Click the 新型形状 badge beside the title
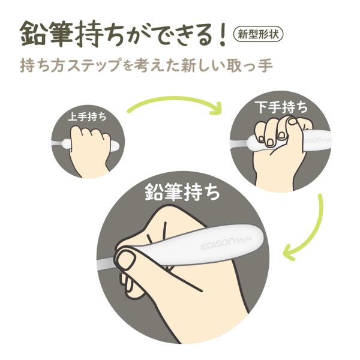pyautogui.click(x=258, y=35)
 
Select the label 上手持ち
pyautogui.click(x=88, y=117)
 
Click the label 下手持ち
pyautogui.click(x=283, y=107)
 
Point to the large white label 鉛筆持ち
pyautogui.click(x=183, y=192)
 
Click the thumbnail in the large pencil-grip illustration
pyautogui.click(x=125, y=259)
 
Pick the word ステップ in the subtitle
pyautogui.click(x=94, y=65)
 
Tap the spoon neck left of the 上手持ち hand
pyautogui.click(x=60, y=143)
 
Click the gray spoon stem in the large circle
pyautogui.click(x=105, y=264)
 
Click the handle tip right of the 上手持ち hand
pyautogui.click(x=115, y=146)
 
